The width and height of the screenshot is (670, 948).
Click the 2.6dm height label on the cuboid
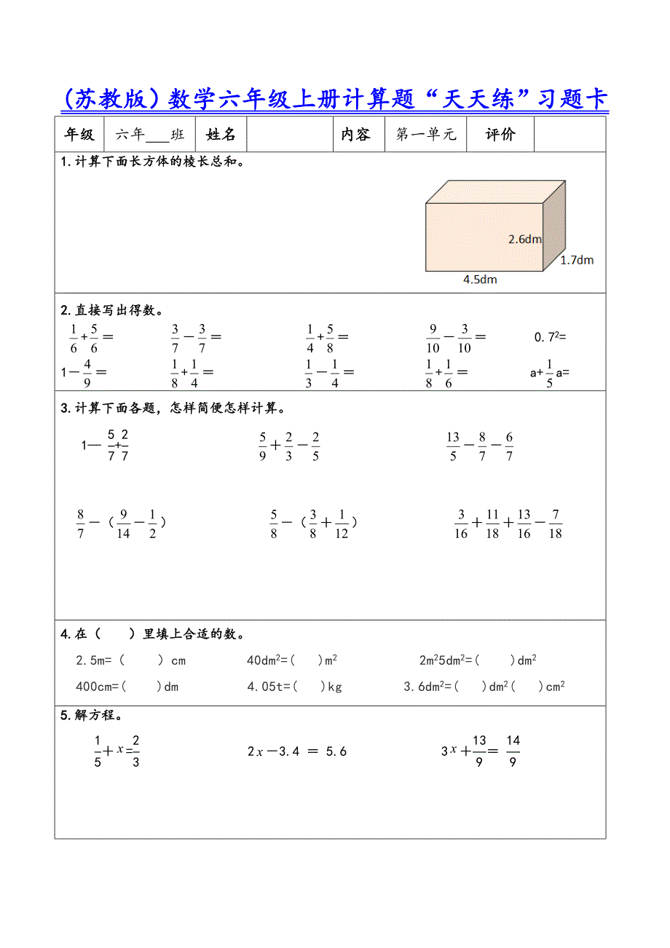525,239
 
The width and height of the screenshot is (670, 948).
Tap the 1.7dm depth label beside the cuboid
577,260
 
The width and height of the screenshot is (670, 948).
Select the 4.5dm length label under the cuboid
480,280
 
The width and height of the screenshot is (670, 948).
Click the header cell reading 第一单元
426,135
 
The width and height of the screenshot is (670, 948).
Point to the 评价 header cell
500,135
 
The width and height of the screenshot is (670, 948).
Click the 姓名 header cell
221,135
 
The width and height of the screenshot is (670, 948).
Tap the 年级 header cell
79,135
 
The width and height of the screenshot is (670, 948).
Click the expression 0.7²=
551,337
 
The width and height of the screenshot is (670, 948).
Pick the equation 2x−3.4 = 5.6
296,751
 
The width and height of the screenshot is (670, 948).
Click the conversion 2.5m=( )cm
130,660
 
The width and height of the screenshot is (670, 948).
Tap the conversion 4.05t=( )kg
294,686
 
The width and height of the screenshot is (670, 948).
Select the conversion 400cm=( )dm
127,686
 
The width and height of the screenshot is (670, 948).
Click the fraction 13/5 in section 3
453,446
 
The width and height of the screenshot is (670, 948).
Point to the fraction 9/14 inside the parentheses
123,523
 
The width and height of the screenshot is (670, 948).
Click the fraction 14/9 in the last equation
513,751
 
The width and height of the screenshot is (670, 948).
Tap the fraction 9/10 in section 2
433,337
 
